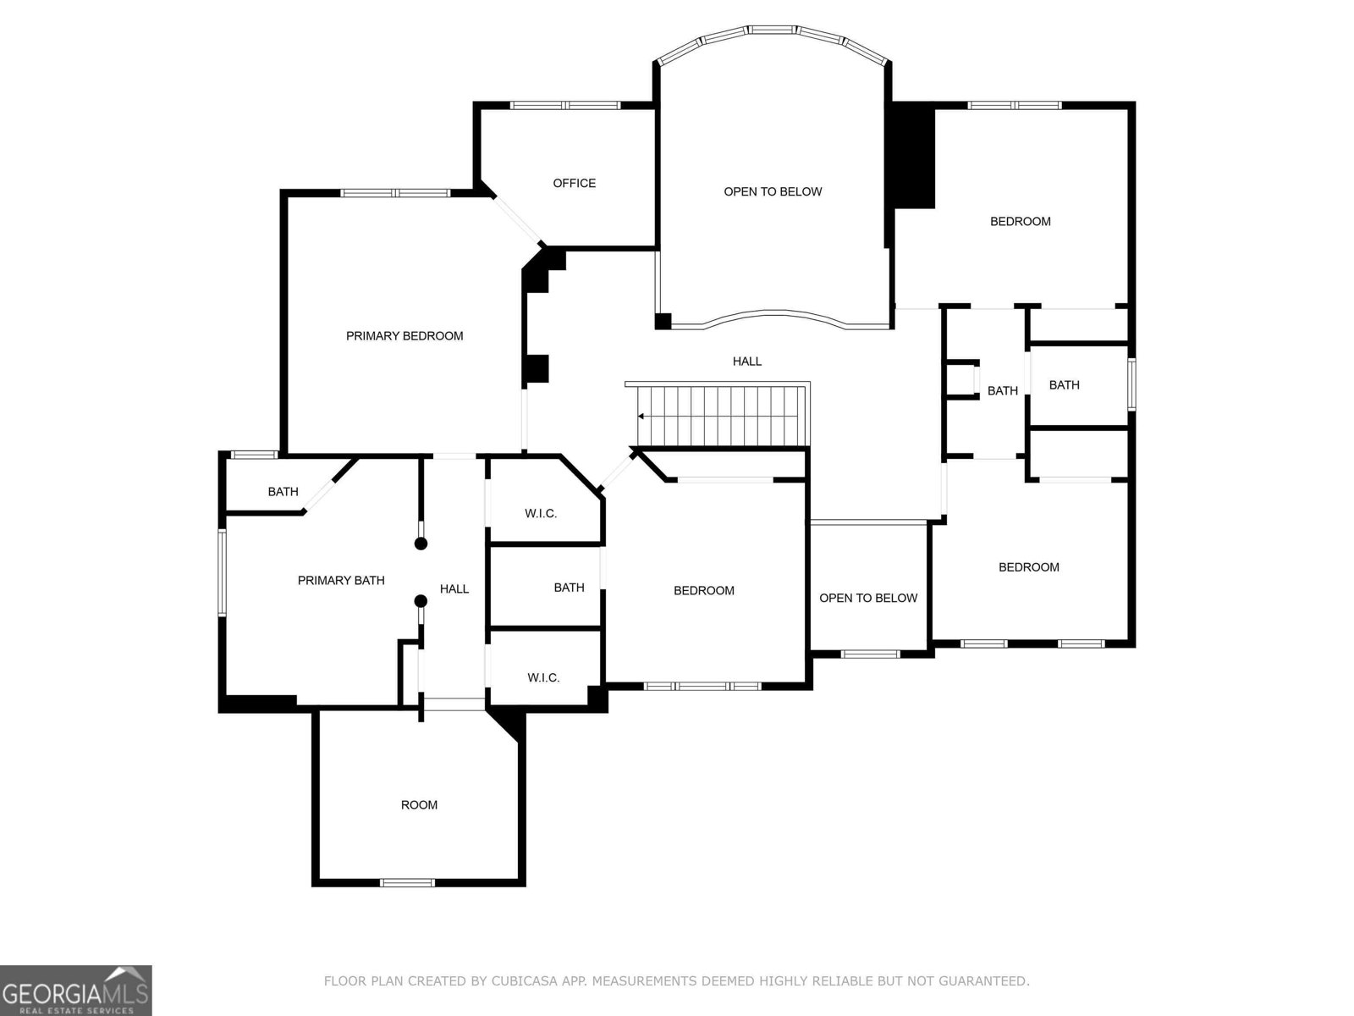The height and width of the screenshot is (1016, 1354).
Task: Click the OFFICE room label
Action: click(574, 183)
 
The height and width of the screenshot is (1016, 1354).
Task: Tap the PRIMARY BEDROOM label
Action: click(405, 336)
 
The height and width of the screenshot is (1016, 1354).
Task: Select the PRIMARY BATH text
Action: click(341, 580)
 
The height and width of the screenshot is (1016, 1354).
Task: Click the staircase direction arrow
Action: click(641, 417)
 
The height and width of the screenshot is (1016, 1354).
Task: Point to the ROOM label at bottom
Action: click(419, 805)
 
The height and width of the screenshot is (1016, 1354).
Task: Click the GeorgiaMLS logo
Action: click(75, 990)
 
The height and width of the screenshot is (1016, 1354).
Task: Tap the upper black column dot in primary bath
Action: click(421, 544)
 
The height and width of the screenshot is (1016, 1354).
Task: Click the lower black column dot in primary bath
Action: click(421, 601)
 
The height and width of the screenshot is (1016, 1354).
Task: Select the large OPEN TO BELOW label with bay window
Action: click(773, 191)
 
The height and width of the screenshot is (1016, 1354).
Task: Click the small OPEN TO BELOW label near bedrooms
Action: click(868, 598)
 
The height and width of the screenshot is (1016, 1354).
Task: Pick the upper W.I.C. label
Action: click(541, 514)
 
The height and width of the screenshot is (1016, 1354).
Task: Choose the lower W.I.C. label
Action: click(543, 677)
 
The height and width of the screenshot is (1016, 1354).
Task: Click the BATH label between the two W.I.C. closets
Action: click(569, 588)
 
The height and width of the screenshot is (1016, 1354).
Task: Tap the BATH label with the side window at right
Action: click(1064, 385)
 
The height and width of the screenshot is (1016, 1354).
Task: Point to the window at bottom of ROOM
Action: click(407, 883)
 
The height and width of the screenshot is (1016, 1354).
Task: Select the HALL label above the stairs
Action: click(746, 362)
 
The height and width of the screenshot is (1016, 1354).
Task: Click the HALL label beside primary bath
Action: click(454, 588)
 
